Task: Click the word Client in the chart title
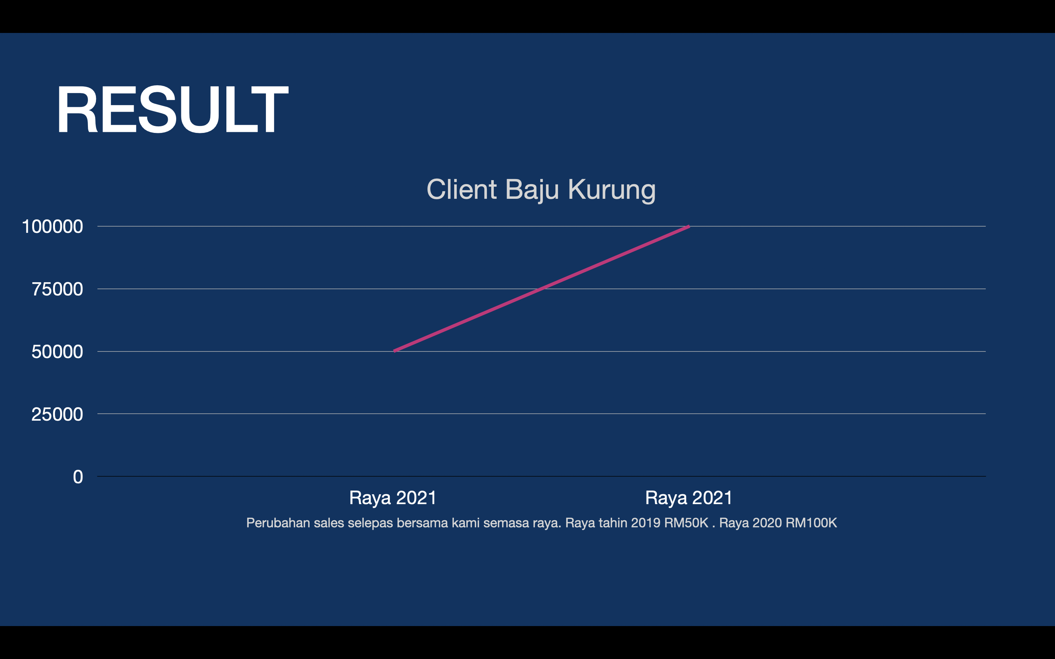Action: (462, 190)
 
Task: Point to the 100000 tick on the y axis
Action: (52, 227)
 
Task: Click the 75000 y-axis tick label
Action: (57, 289)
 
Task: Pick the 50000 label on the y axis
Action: (57, 352)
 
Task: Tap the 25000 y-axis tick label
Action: (57, 414)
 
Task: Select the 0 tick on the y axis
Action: (78, 477)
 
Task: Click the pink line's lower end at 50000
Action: (394, 351)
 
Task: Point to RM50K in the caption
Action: (686, 522)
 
